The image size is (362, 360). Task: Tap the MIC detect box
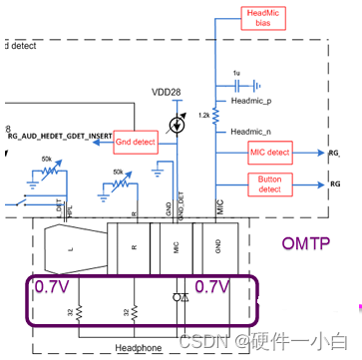point(268,153)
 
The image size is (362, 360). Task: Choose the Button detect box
point(268,185)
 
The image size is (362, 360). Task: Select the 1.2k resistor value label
point(202,116)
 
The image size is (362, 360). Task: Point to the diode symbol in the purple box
point(178,298)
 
